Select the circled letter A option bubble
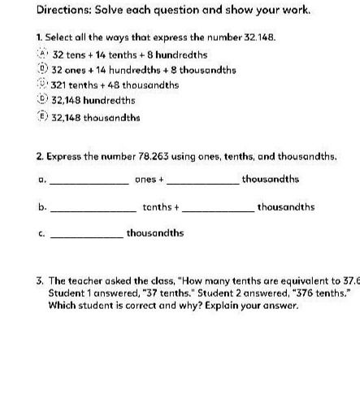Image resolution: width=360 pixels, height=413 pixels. (45, 54)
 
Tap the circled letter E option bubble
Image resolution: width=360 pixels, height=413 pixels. (45, 117)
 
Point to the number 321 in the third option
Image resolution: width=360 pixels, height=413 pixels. (63, 85)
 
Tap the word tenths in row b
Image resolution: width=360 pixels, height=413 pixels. (156, 207)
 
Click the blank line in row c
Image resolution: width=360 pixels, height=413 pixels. (86, 236)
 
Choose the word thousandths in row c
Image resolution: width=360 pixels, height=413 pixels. (154, 233)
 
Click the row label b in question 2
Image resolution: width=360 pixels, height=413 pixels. (41, 207)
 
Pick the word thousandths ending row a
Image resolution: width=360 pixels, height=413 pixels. (270, 179)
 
